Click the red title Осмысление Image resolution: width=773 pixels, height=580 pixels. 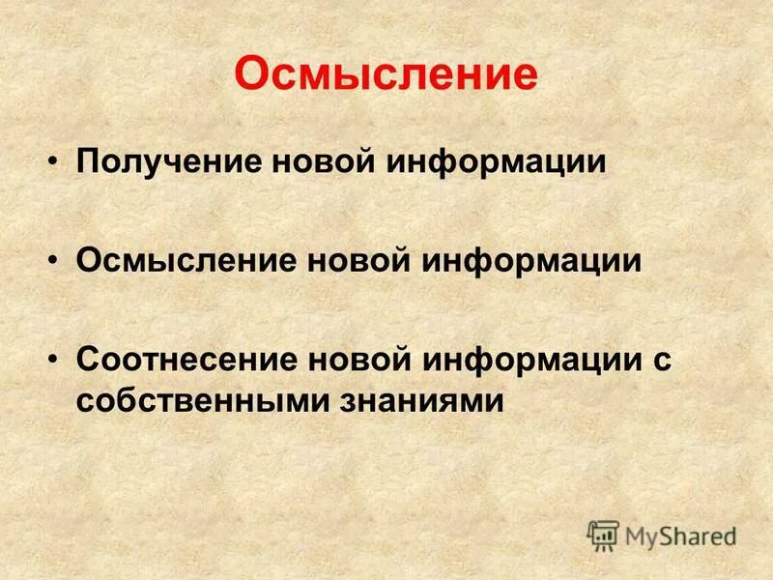pos(386,74)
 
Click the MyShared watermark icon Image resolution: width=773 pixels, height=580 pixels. pos(604,535)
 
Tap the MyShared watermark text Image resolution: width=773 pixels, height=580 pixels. pos(681,536)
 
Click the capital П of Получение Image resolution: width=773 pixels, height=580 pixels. pos(87,160)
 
